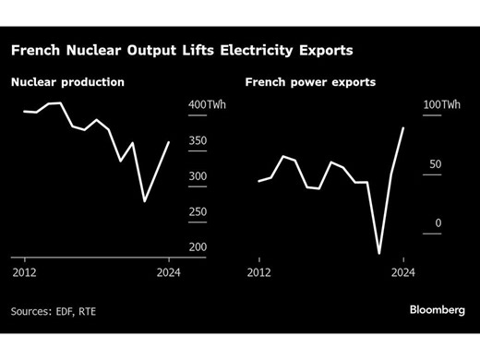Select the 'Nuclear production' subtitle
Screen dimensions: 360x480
tap(67, 82)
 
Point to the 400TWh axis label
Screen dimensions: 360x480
tap(207, 105)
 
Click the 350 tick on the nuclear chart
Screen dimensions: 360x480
tap(199, 141)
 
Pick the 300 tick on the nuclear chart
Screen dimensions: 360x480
tap(199, 176)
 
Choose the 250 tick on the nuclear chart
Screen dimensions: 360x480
tap(199, 212)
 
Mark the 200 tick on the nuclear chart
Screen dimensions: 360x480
tap(199, 247)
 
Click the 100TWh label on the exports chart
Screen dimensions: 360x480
tap(442, 105)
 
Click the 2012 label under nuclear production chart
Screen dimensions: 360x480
tap(24, 272)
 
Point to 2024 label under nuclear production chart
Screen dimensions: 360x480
tap(169, 272)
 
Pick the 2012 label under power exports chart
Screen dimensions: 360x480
tap(259, 272)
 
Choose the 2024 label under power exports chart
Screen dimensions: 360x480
tap(403, 272)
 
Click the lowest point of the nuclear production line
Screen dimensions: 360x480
tap(144, 201)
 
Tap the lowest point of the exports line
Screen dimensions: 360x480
tap(379, 253)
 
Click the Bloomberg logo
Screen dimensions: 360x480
tap(437, 310)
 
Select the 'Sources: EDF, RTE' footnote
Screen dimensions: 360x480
tap(54, 312)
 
